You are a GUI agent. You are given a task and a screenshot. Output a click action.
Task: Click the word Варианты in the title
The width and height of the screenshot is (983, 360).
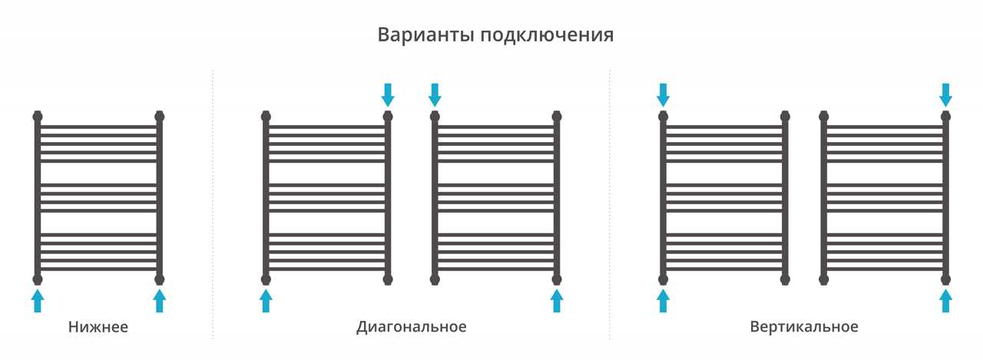click(425, 35)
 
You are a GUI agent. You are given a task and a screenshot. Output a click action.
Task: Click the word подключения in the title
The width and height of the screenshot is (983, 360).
click(548, 35)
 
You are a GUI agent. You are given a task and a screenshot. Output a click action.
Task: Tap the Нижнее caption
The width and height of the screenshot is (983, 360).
click(98, 327)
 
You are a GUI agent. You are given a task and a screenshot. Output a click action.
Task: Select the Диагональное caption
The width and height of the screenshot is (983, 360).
click(411, 327)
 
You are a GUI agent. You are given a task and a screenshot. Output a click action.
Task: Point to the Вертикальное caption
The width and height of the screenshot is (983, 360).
click(804, 327)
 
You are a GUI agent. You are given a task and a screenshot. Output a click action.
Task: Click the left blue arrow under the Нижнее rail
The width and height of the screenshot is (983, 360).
click(38, 301)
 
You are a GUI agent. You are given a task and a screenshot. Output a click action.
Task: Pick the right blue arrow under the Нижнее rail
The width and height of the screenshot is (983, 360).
click(159, 301)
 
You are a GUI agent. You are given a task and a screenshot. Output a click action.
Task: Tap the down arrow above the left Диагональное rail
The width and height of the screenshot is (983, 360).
click(388, 95)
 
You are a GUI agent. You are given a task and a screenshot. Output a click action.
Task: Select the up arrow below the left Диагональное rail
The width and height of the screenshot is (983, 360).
click(266, 301)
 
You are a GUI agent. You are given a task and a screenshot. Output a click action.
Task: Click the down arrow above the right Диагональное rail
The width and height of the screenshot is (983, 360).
click(435, 95)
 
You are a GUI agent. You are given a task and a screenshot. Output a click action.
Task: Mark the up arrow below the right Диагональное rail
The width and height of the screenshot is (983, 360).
click(557, 301)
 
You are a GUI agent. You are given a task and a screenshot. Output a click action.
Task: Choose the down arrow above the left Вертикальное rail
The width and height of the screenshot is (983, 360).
click(663, 95)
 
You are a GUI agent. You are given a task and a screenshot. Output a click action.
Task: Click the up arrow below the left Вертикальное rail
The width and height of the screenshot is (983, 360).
click(663, 301)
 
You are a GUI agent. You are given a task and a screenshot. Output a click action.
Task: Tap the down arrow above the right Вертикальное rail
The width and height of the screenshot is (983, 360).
click(945, 95)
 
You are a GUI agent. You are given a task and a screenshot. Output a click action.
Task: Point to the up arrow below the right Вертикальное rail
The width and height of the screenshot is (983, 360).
click(945, 301)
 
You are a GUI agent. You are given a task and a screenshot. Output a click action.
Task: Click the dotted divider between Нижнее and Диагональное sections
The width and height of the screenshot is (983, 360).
click(213, 204)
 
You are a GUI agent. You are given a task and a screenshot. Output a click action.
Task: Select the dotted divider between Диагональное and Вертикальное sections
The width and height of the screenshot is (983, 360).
click(610, 204)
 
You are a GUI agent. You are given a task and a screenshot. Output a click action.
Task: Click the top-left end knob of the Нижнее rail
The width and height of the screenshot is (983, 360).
click(38, 116)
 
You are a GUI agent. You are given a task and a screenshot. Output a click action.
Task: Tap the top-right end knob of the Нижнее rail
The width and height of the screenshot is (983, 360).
click(159, 116)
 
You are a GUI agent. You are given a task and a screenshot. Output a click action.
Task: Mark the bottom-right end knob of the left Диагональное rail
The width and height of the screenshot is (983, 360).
click(388, 279)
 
